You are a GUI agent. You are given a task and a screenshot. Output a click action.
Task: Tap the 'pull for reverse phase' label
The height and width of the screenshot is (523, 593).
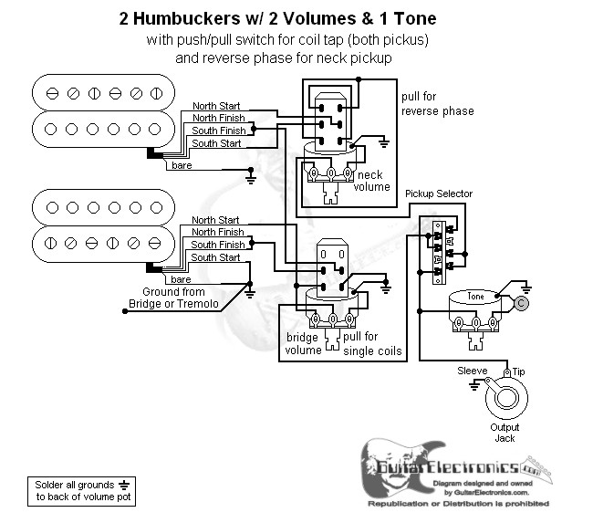(x=437, y=104)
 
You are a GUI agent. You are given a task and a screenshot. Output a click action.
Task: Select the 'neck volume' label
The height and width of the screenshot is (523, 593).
(x=372, y=181)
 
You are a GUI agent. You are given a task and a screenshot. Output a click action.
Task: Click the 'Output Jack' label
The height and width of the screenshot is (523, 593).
(x=504, y=433)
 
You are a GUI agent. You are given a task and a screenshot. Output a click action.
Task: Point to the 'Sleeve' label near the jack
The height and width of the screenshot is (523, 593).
(x=472, y=371)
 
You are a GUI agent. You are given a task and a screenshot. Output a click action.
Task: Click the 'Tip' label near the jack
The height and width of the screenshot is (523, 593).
(x=520, y=371)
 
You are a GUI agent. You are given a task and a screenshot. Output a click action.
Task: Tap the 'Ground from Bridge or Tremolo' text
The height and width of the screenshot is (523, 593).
(x=173, y=298)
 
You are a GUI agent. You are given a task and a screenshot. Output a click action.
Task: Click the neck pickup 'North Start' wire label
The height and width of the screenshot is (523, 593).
(x=216, y=106)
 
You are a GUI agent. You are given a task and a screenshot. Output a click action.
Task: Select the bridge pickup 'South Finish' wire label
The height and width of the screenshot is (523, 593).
(x=217, y=245)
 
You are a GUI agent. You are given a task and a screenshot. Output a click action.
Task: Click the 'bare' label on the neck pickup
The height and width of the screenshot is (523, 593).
(x=181, y=164)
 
